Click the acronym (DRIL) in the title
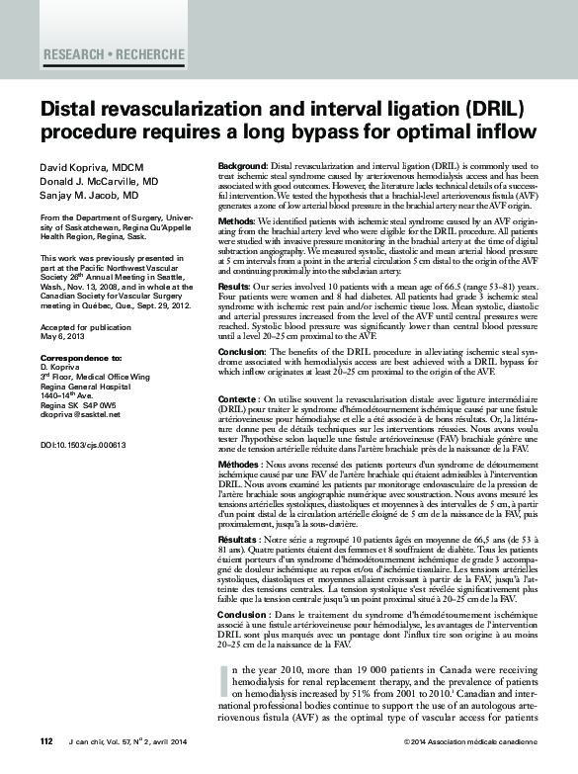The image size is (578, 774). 490,108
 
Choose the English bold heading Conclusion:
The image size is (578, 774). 244,351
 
